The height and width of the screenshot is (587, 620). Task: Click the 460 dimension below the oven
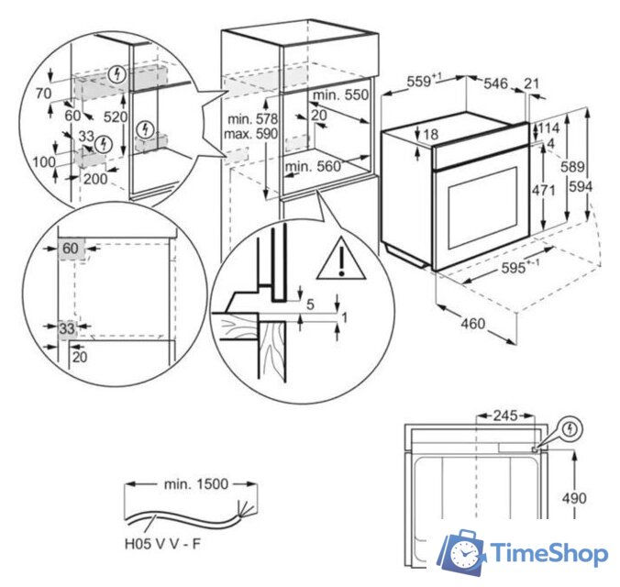tap(471, 324)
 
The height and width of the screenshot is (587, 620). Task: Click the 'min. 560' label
tap(313, 166)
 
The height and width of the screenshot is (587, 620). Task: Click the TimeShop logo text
tap(548, 553)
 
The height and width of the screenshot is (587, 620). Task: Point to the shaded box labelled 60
tap(72, 249)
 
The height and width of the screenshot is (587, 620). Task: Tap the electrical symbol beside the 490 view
tap(571, 428)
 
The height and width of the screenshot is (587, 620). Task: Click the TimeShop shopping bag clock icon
tap(462, 552)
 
